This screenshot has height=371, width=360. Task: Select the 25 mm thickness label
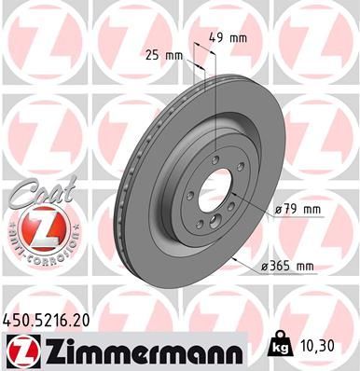pos(165,55)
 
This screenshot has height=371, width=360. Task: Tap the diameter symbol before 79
pos(279,211)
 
